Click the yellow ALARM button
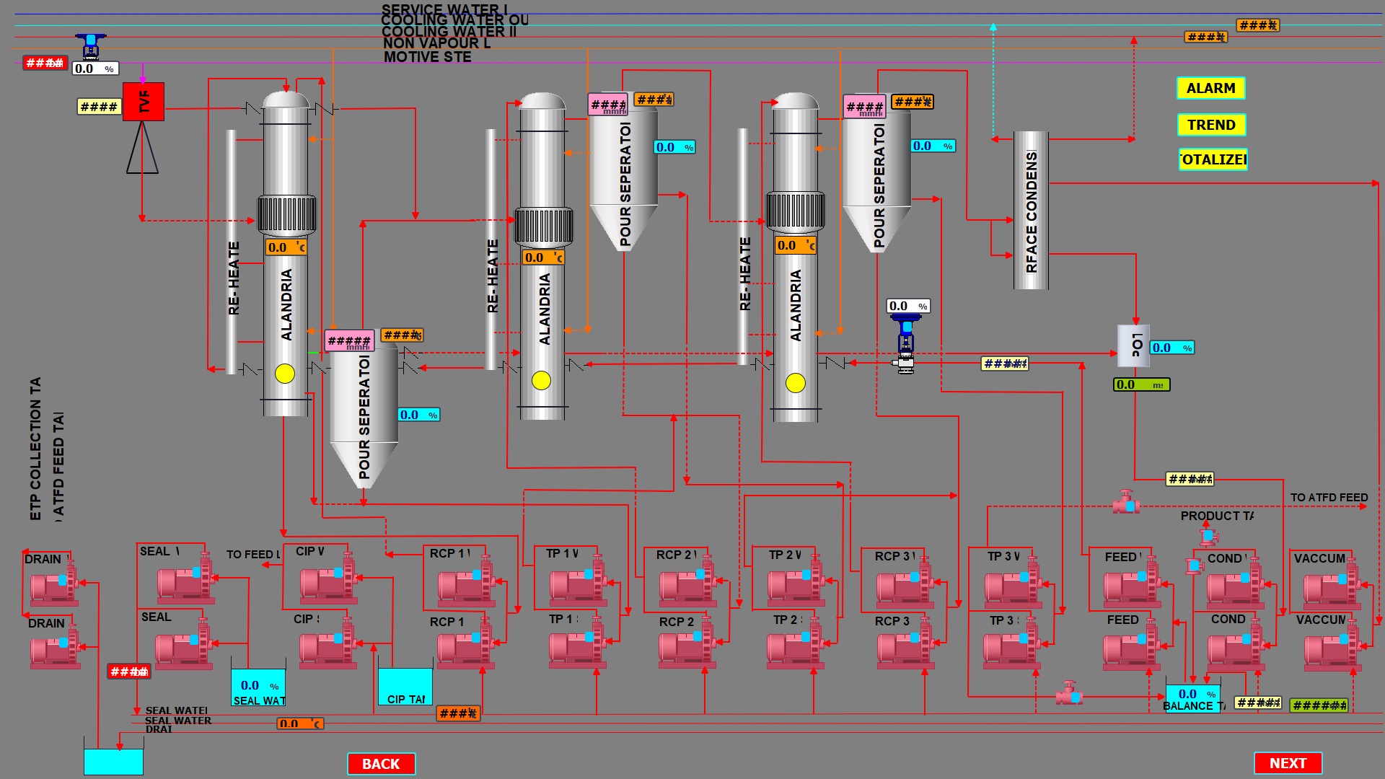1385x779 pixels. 1210,88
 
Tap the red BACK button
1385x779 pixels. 381,764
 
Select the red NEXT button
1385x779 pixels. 1288,763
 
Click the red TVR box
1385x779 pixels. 144,101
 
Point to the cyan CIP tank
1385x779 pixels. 405,686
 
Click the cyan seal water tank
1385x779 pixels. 258,687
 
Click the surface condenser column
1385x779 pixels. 1031,210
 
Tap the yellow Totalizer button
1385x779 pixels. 1213,159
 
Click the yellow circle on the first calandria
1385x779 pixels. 285,373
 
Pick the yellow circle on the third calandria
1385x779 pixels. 796,382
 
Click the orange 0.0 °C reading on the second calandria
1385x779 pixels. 543,258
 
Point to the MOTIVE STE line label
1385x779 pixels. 427,57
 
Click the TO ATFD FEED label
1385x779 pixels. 1329,498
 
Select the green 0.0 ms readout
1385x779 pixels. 1141,385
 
